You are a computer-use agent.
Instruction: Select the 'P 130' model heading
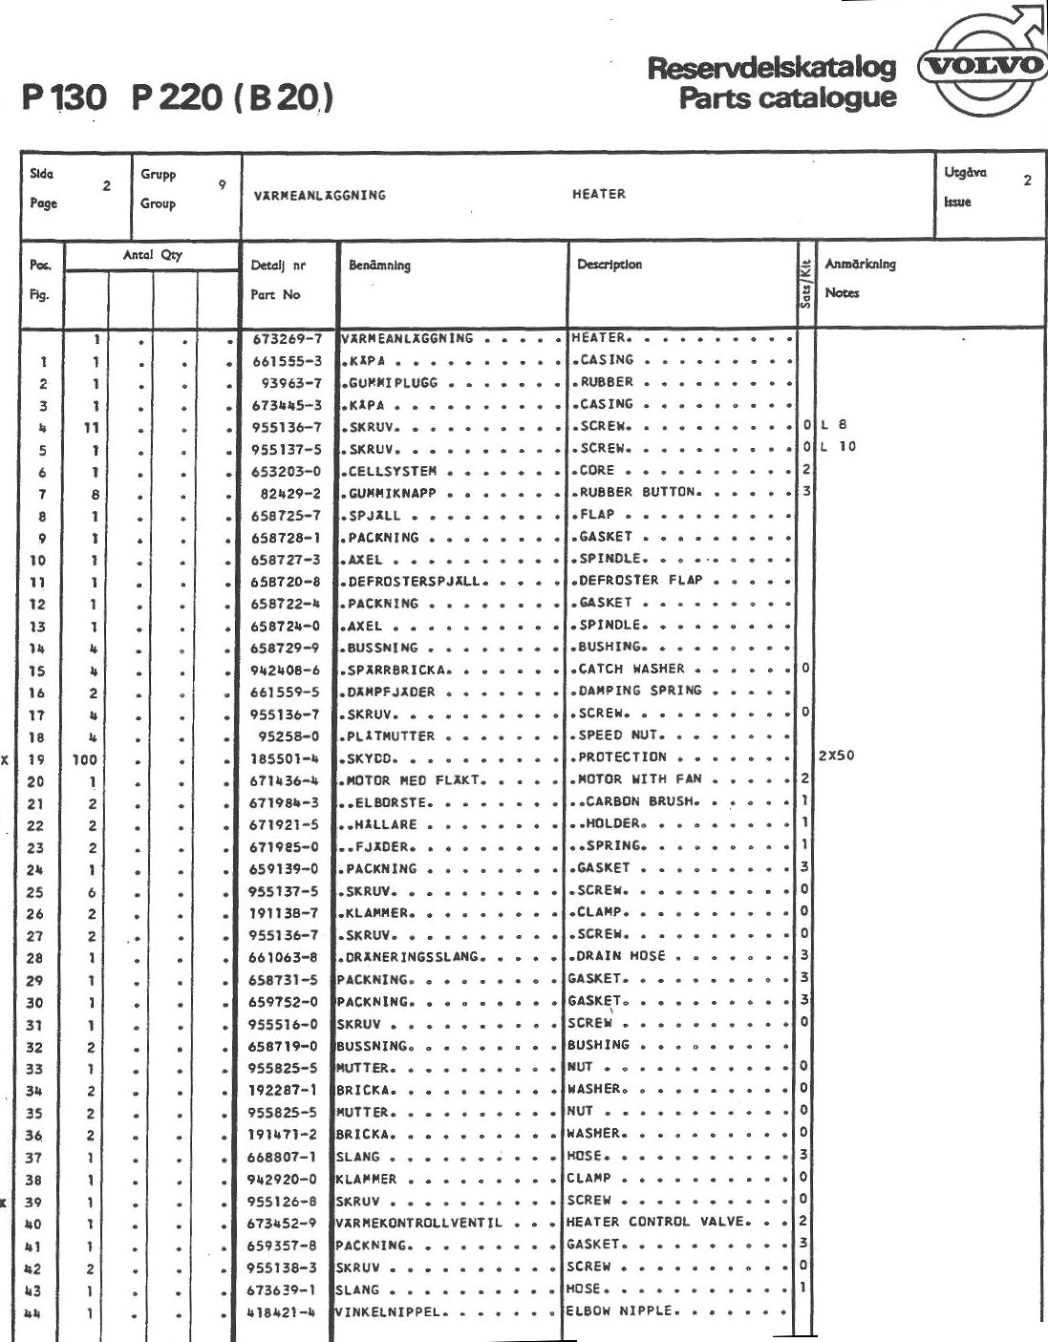pos(66,98)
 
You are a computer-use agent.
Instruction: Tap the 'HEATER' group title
pos(599,194)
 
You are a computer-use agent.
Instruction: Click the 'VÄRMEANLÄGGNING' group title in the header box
pos(320,195)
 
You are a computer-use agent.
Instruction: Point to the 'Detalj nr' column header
pos(278,266)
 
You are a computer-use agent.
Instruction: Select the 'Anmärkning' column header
pos(860,265)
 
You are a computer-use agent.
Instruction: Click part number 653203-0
pos(286,471)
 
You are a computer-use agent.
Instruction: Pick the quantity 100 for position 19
pos(84,759)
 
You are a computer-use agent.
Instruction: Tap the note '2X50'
pos(837,756)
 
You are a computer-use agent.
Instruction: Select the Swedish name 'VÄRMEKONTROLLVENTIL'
pos(418,1223)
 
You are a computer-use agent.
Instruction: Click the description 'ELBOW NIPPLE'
pos(622,1310)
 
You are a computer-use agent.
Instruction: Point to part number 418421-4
pos(282,1311)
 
